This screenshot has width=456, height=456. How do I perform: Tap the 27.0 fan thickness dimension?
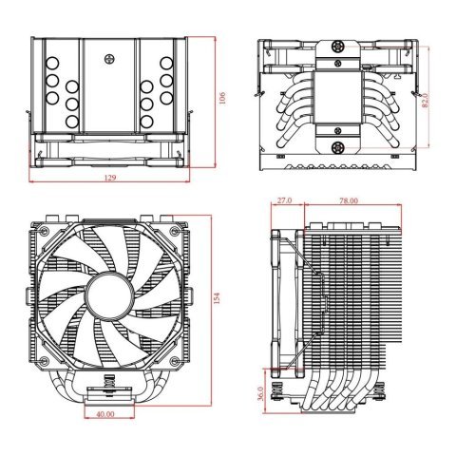pos(283,201)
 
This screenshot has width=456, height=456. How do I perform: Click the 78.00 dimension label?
pos(349,201)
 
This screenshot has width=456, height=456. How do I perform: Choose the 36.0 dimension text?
pos(262,392)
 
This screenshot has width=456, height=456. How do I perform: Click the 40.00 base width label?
pos(105,414)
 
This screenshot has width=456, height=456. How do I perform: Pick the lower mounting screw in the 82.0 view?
pos(337,149)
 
